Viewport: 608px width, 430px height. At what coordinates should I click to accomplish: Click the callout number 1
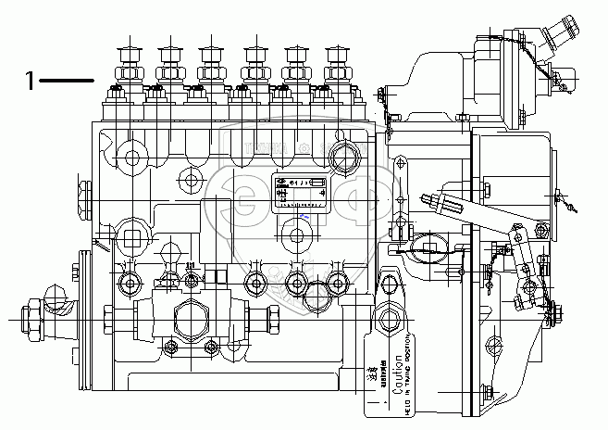tap(30, 82)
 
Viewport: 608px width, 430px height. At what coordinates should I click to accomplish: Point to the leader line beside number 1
tap(67, 82)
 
